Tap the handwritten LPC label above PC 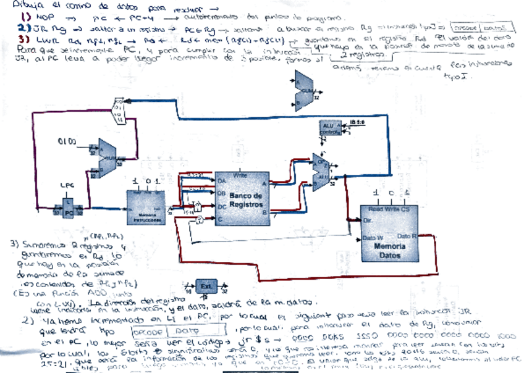point(67,184)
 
